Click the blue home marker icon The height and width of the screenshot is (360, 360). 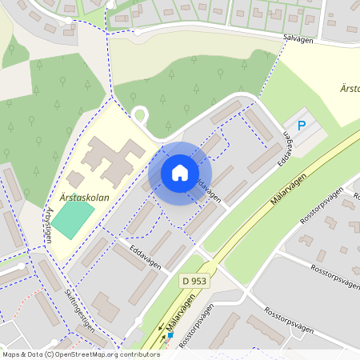click(179, 173)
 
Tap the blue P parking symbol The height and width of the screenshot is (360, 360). click(302, 125)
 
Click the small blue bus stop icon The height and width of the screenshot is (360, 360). click(169, 335)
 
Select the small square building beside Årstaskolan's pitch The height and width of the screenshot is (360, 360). click(75, 181)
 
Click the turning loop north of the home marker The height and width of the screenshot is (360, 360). click(141, 115)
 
